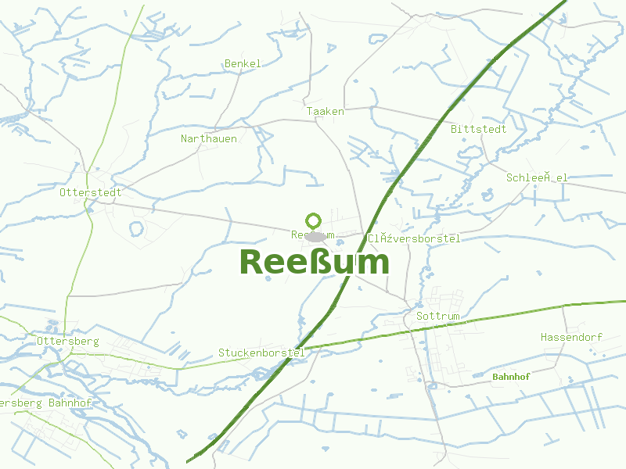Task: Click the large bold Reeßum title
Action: tap(314, 262)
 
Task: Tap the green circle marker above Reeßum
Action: tap(314, 220)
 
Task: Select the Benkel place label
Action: tap(243, 63)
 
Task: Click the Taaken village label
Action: tap(325, 112)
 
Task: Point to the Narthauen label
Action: tap(208, 138)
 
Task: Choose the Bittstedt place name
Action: tap(478, 129)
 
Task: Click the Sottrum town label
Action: tap(438, 317)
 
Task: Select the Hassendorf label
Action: tap(571, 337)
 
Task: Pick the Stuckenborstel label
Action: tap(261, 353)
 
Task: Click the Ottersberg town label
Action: tap(67, 342)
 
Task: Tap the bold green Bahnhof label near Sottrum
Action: tap(511, 377)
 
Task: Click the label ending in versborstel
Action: tap(414, 238)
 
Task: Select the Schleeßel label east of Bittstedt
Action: tap(537, 177)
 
